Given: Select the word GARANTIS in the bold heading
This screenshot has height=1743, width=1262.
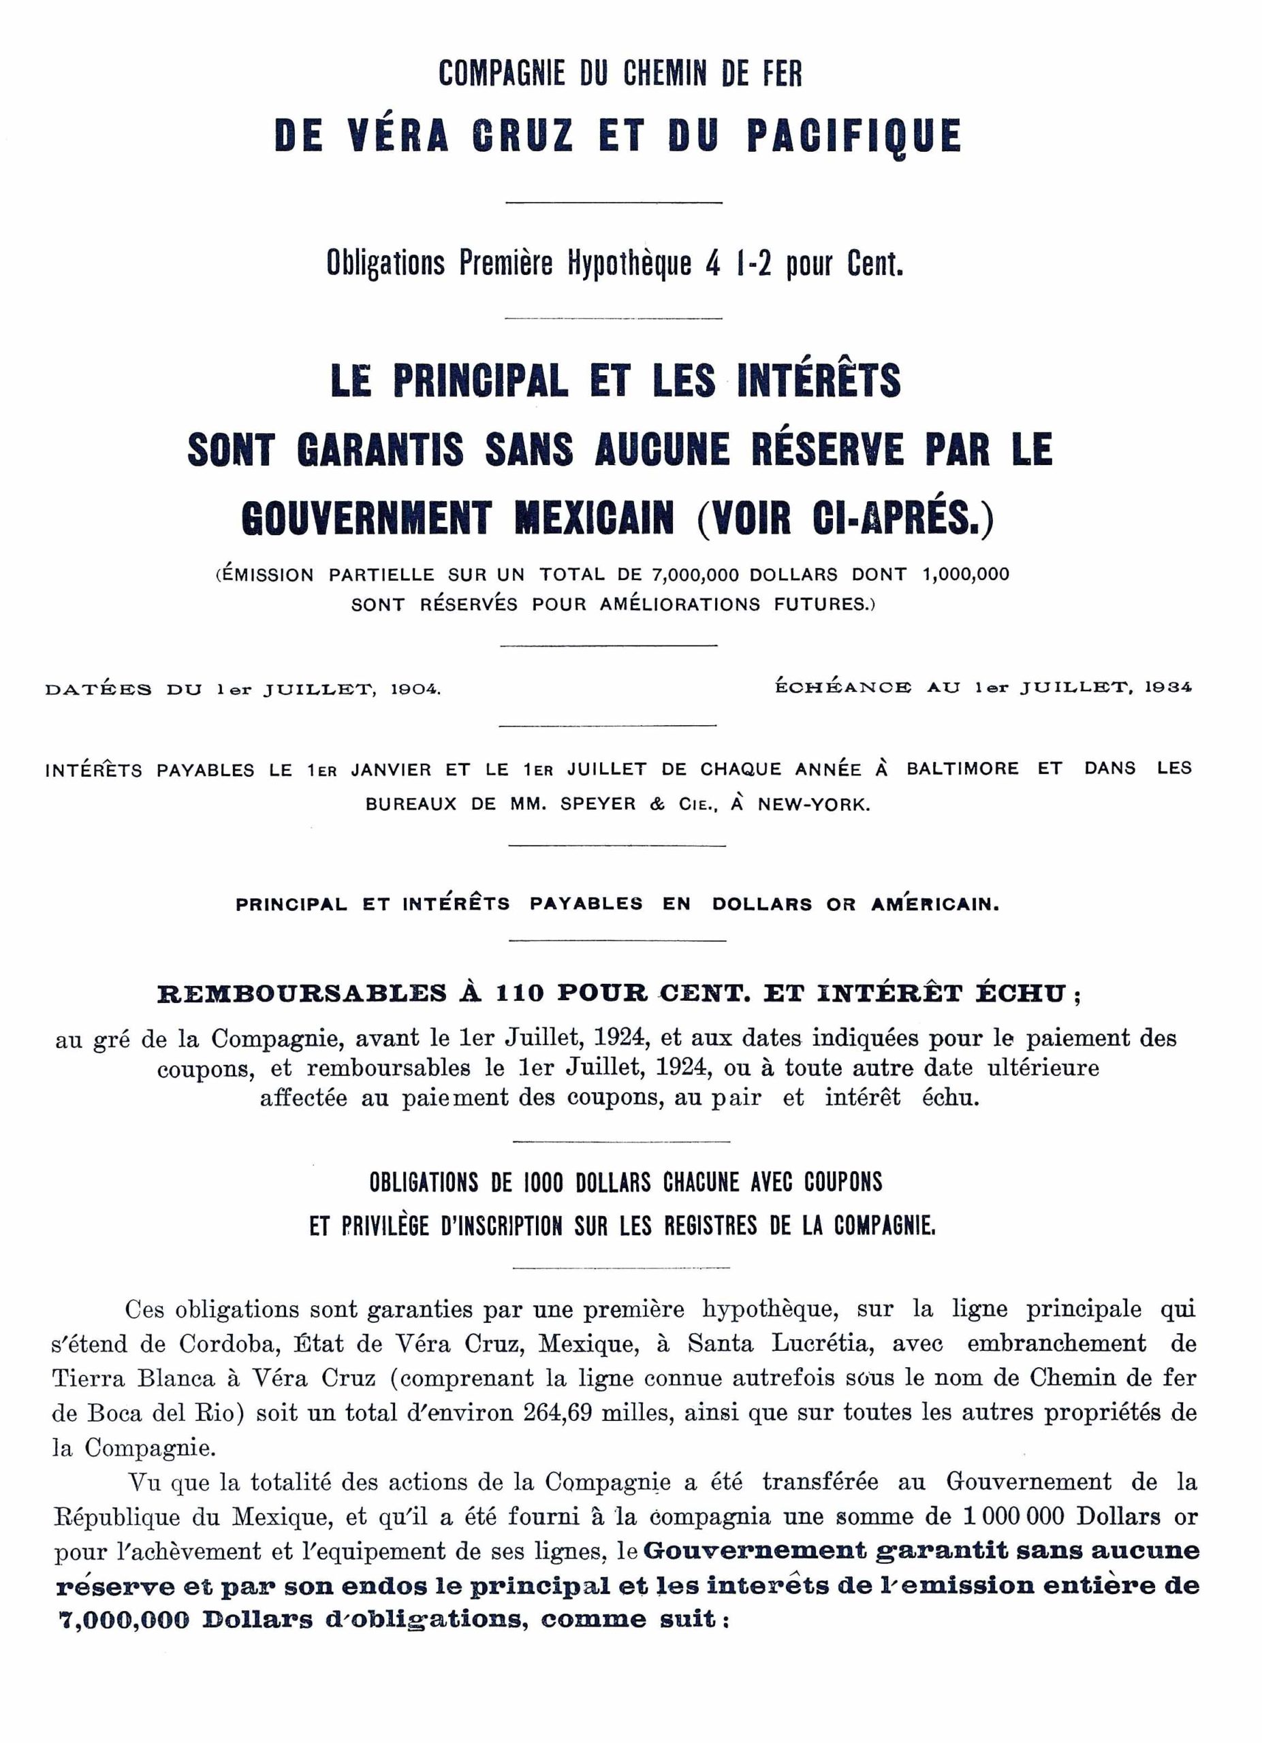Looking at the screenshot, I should pos(381,449).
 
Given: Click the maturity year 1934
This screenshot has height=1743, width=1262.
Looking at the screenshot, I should pos(1167,687).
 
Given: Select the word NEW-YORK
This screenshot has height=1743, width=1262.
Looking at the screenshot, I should pos(814,805).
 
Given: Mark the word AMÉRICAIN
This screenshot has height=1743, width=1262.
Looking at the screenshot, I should pos(934,904).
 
